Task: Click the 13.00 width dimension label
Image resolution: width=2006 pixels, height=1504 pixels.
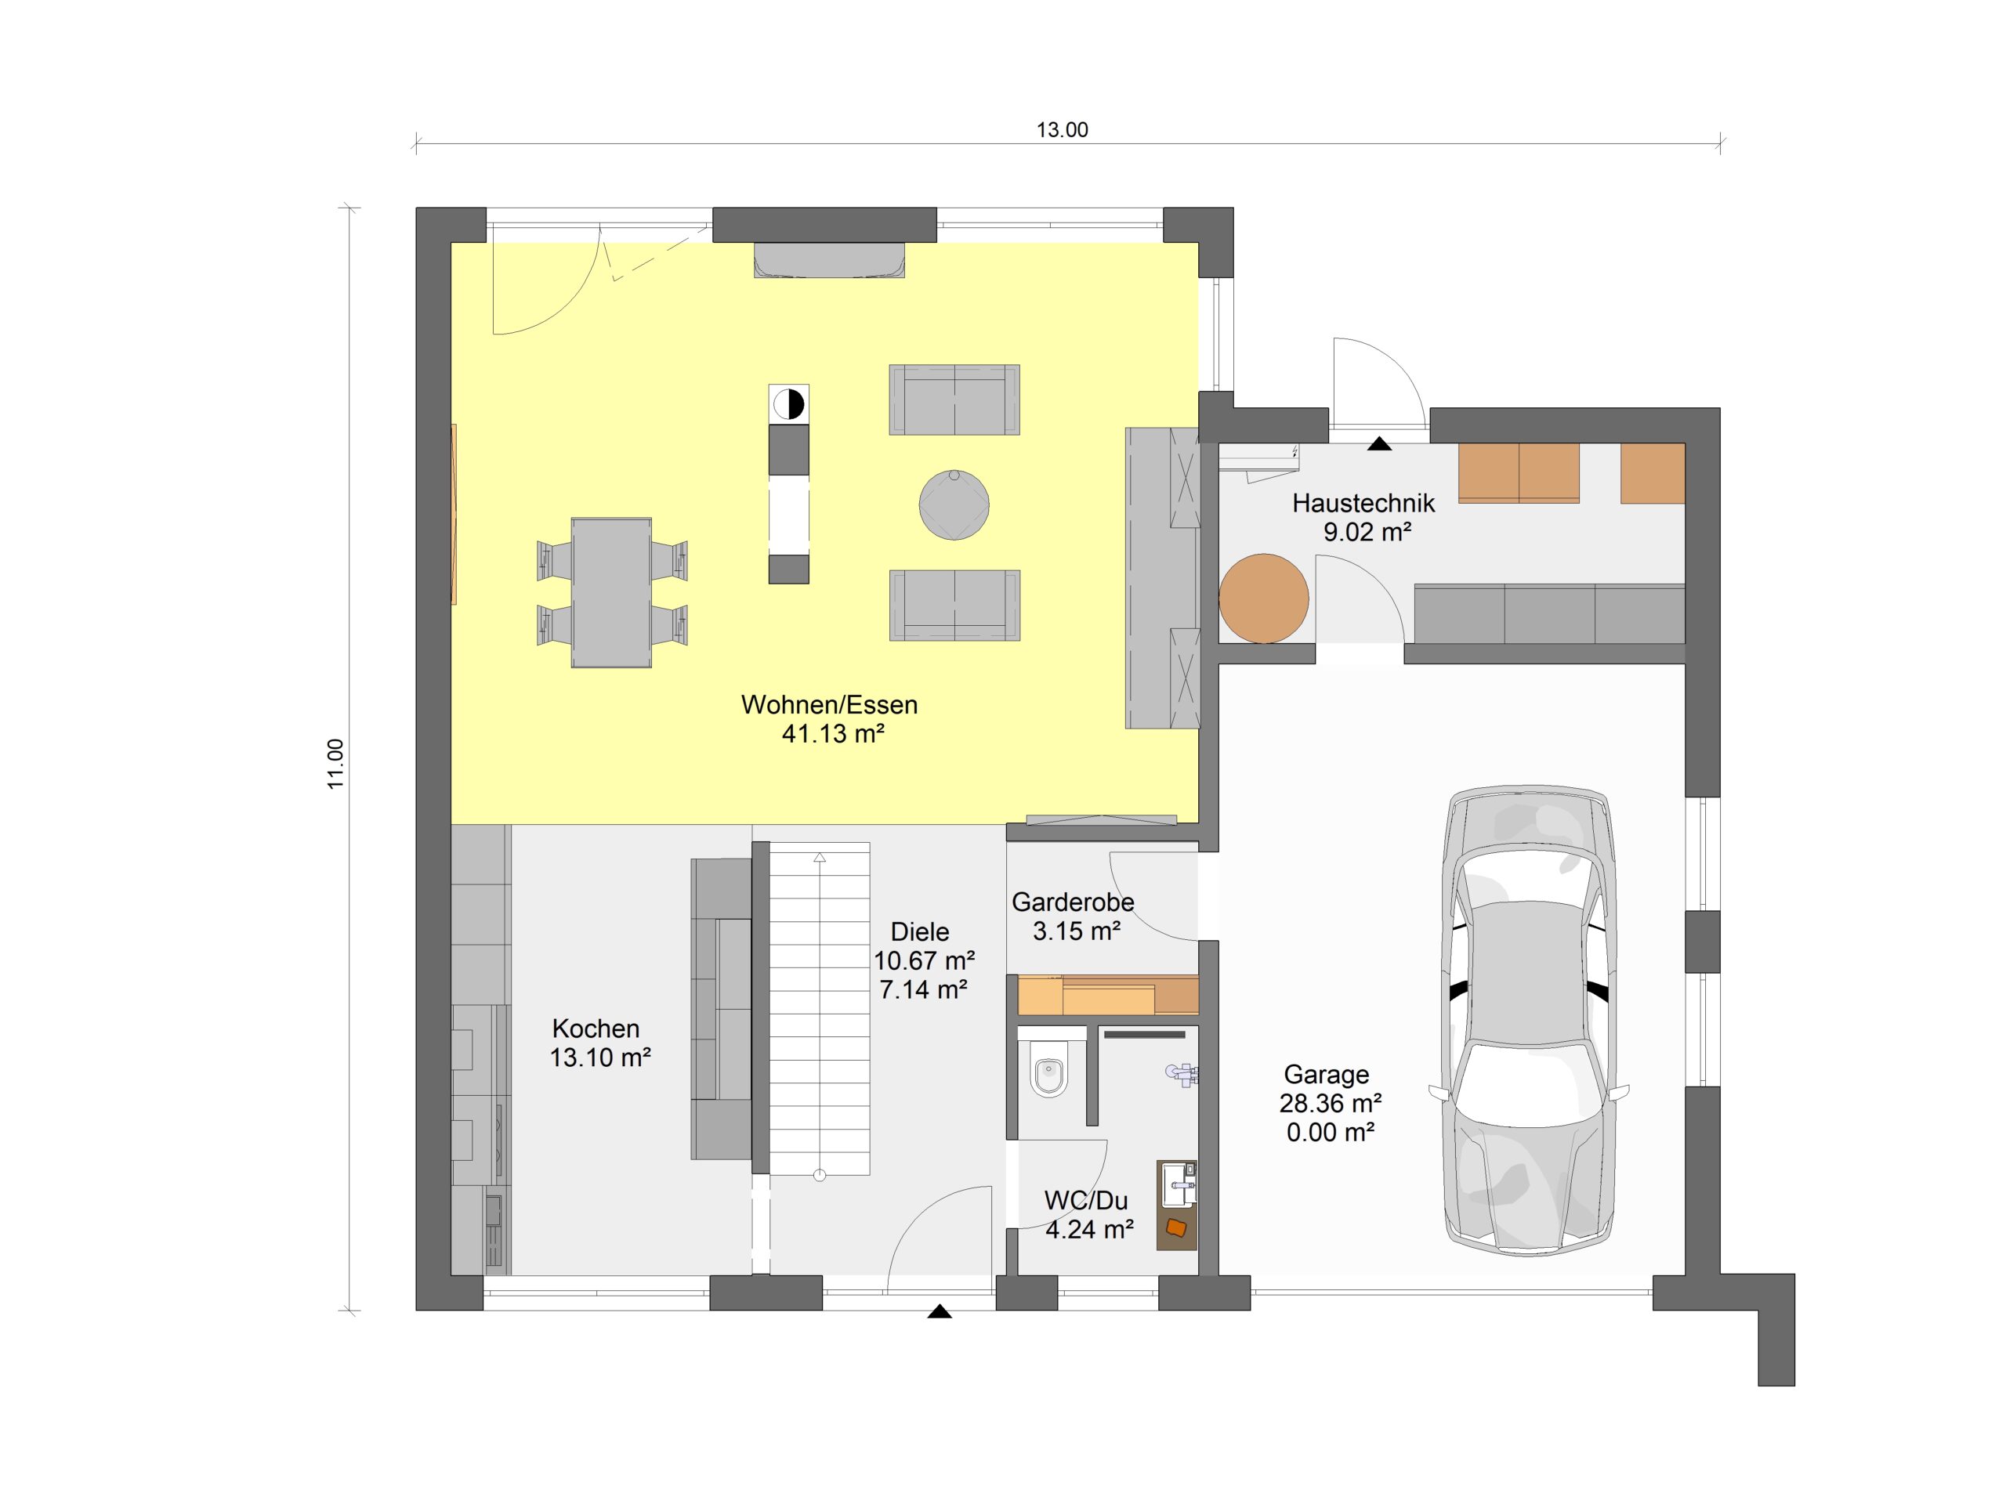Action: [x=1062, y=129]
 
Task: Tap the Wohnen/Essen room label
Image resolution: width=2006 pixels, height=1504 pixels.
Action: [x=829, y=704]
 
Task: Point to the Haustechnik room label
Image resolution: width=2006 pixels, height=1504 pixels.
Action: [x=1363, y=502]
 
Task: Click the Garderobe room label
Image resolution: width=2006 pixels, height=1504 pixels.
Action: [x=1073, y=902]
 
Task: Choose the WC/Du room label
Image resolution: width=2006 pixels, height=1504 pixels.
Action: [x=1085, y=1200]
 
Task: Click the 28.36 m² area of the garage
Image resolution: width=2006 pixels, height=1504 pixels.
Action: [x=1331, y=1103]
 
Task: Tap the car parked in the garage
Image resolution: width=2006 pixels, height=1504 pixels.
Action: [x=1529, y=1020]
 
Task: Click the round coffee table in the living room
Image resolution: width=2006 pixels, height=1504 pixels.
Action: [x=954, y=505]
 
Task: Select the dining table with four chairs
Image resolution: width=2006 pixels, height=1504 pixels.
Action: [x=611, y=593]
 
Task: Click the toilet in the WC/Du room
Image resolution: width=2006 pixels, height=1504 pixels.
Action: [x=1049, y=1073]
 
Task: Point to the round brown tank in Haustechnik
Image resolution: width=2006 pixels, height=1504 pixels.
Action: [x=1263, y=598]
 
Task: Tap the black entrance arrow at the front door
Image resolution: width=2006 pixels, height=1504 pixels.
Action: [x=940, y=1311]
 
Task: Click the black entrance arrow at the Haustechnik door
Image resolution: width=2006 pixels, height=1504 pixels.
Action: [x=1379, y=443]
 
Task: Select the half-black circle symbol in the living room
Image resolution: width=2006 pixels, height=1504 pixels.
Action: [x=789, y=404]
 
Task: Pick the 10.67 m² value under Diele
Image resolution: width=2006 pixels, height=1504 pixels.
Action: [x=924, y=960]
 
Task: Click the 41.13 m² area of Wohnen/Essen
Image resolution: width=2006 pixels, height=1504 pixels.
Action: [x=832, y=733]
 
